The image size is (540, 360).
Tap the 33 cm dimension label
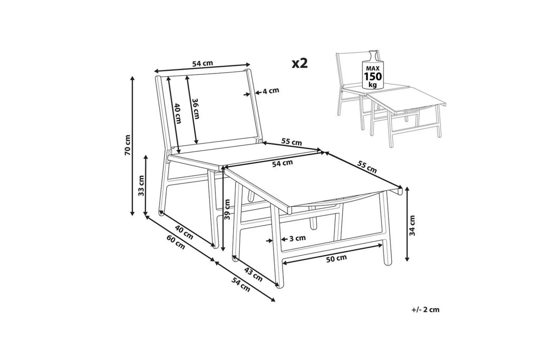(141, 186)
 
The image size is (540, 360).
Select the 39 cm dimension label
(227, 209)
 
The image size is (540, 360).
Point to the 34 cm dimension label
(412, 225)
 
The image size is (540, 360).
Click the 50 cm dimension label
(336, 258)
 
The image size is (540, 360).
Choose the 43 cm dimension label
(253, 275)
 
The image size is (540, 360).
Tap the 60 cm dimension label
(176, 242)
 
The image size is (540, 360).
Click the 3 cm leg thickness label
(298, 238)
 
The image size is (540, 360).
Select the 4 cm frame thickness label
(271, 91)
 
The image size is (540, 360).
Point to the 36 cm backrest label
(196, 109)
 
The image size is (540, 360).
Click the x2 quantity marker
(300, 63)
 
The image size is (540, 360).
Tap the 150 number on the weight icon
(373, 77)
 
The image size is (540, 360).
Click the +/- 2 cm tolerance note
(425, 310)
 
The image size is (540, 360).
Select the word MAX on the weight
(373, 69)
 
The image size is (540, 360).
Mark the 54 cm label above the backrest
(203, 63)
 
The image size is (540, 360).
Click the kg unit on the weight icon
(373, 85)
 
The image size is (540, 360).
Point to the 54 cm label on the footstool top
(282, 163)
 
